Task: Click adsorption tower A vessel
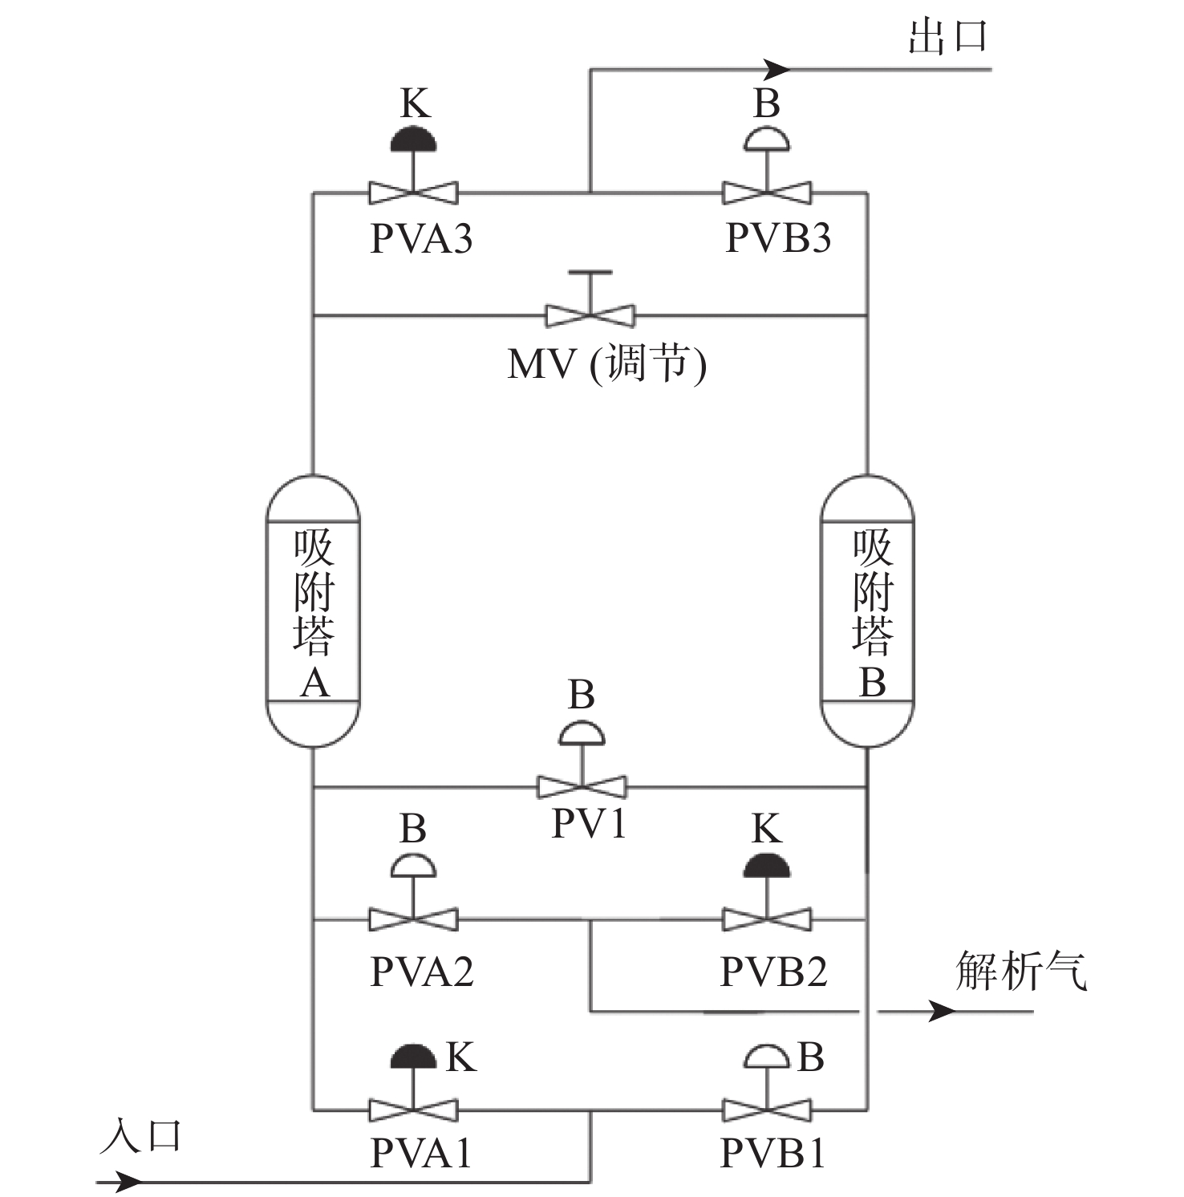pyautogui.click(x=313, y=611)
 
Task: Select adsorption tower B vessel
pyautogui.click(x=867, y=611)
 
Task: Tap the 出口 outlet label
pyautogui.click(x=947, y=37)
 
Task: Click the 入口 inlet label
pyautogui.click(x=140, y=1137)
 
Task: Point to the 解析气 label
pyautogui.click(x=1021, y=970)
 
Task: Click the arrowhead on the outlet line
pyautogui.click(x=776, y=69)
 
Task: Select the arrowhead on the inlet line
pyautogui.click(x=128, y=1182)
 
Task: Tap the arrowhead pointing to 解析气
pyautogui.click(x=943, y=1011)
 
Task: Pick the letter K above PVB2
pyautogui.click(x=767, y=828)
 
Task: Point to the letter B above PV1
pyautogui.click(x=582, y=695)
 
